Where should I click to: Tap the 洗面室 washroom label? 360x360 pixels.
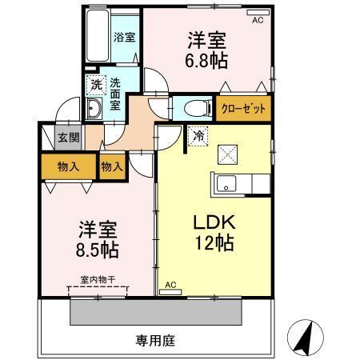(x=116, y=93)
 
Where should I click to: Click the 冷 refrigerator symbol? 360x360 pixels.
(x=197, y=137)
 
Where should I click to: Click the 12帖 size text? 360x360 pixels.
(x=211, y=244)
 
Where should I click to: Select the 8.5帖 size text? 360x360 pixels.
(x=96, y=250)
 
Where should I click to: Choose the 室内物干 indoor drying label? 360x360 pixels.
(x=97, y=280)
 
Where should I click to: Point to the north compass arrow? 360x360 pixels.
(x=303, y=336)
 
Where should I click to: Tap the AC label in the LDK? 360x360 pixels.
(x=170, y=284)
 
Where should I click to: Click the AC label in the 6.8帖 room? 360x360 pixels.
(x=257, y=21)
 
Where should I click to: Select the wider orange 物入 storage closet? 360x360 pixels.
(x=67, y=167)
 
